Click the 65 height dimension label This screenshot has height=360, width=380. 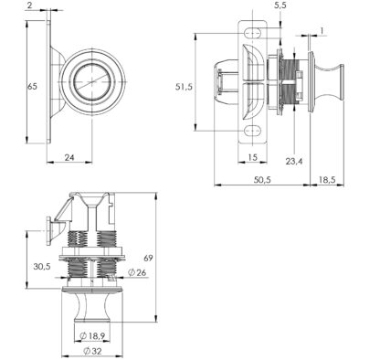tap(32, 87)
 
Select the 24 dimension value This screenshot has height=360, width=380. tap(69, 157)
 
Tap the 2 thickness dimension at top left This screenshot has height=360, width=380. tap(29, 5)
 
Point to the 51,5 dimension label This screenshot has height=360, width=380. tap(184, 87)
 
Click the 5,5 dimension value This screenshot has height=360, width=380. tap(280, 5)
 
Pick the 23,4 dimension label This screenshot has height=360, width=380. tap(294, 161)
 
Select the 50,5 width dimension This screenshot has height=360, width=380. tap(262, 180)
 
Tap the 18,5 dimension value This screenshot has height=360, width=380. tap(327, 180)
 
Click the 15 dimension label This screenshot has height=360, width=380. tap(252, 157)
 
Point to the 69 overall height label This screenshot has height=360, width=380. tap(148, 259)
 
